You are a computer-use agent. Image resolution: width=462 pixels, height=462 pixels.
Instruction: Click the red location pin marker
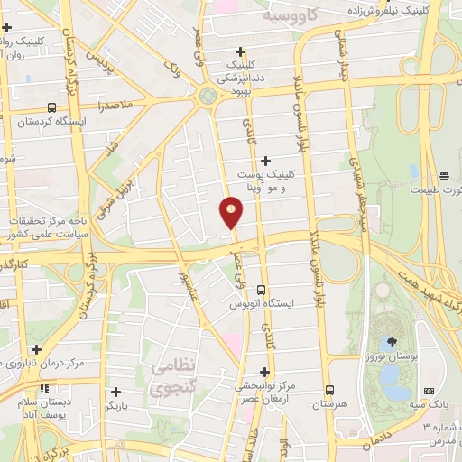(x=232, y=211)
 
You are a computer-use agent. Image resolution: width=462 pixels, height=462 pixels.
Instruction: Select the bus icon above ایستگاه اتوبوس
(x=260, y=291)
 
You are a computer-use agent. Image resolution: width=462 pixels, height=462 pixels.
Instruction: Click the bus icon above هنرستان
(x=330, y=391)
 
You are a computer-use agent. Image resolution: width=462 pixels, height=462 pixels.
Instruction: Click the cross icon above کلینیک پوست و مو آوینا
(x=265, y=160)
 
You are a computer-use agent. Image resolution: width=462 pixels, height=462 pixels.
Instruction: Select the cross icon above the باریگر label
(x=115, y=392)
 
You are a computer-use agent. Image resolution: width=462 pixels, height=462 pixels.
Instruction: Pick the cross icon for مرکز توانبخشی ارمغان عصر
(x=264, y=371)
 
